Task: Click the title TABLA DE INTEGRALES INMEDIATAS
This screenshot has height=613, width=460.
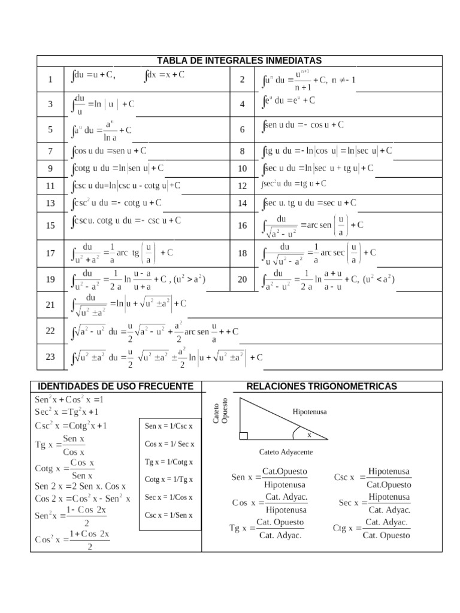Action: coord(239,60)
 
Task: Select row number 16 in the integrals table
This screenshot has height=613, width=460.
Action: coord(242,225)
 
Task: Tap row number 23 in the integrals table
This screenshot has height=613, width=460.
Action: coord(50,357)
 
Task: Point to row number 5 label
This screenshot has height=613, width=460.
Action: coord(50,129)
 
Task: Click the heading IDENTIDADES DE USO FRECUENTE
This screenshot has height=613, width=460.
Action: coord(116,386)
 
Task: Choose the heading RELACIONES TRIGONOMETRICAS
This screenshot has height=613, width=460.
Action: coord(322,386)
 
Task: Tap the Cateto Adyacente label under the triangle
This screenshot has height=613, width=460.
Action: coord(286,452)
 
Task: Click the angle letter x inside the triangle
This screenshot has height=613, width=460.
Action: coord(310,434)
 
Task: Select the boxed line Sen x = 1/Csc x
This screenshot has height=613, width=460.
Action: coord(169,426)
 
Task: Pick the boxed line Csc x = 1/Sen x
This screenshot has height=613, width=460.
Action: coord(169,515)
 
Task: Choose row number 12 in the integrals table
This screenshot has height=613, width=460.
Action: coord(242,186)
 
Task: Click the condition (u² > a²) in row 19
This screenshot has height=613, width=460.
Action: coord(190,279)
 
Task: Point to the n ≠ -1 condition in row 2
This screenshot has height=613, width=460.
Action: coord(343,80)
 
